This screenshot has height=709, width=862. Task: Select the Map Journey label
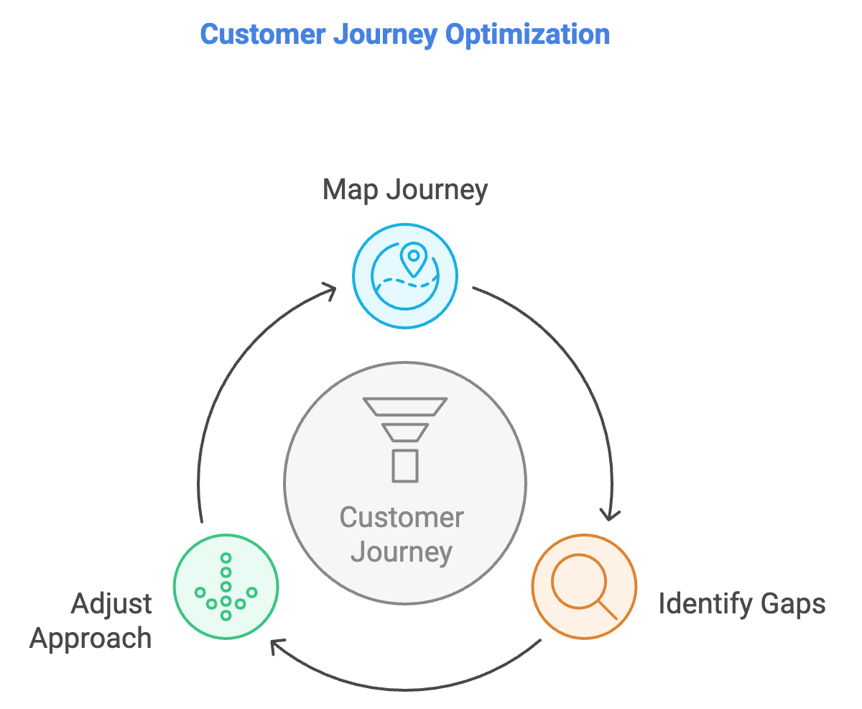pyautogui.click(x=405, y=190)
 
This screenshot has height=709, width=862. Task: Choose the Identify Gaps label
pyautogui.click(x=742, y=604)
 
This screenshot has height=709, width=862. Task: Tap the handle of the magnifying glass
pyautogui.click(x=608, y=610)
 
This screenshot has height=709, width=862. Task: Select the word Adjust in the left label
pyautogui.click(x=111, y=604)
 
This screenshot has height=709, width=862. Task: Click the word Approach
pyautogui.click(x=91, y=638)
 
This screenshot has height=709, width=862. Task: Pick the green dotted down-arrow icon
pyautogui.click(x=226, y=587)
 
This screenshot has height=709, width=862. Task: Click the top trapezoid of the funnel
pyautogui.click(x=406, y=407)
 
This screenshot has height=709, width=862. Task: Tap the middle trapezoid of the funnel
pyautogui.click(x=405, y=432)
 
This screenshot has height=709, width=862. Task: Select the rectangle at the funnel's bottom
pyautogui.click(x=405, y=465)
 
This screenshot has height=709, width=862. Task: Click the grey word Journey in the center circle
pyautogui.click(x=402, y=552)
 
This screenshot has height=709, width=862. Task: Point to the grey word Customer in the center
pyautogui.click(x=402, y=518)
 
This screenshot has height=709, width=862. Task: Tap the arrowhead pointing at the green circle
pyautogui.click(x=276, y=646)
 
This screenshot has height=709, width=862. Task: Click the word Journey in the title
pyautogui.click(x=391, y=34)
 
